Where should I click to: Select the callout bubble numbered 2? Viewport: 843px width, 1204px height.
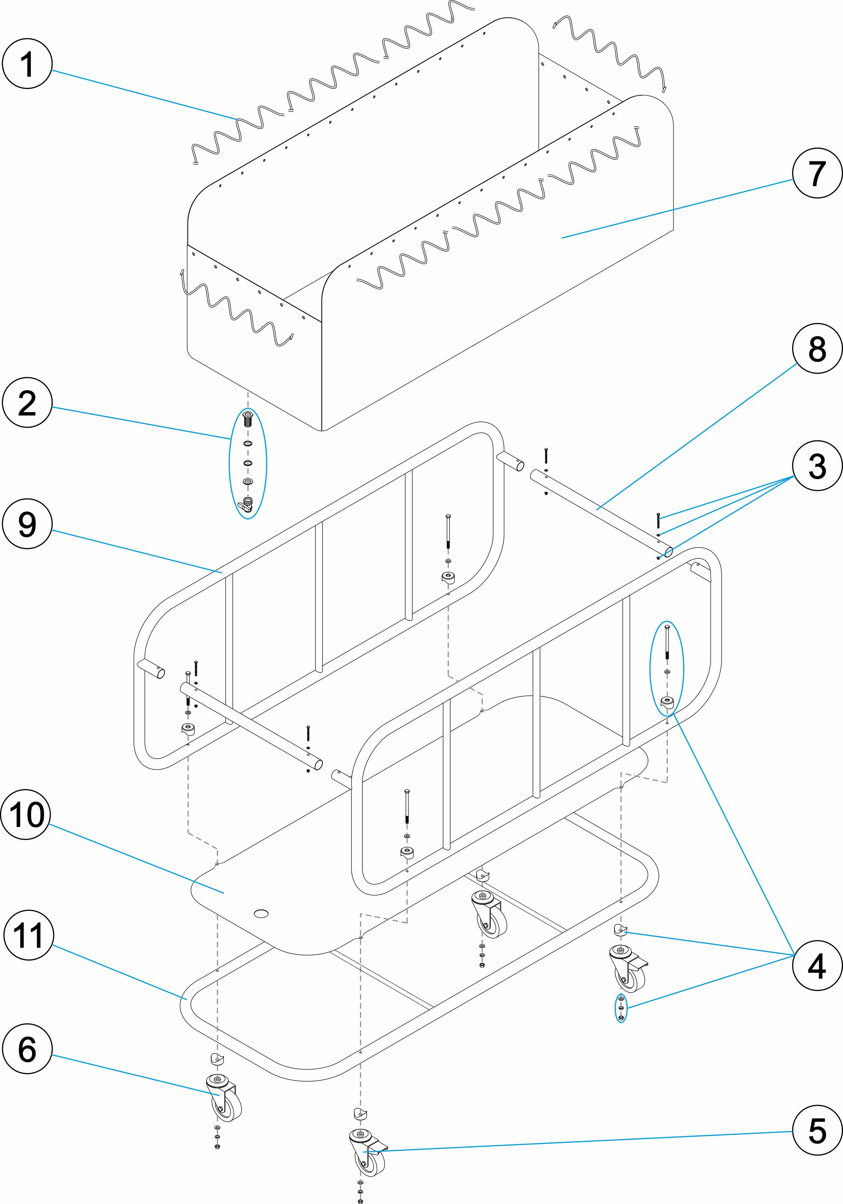click(x=27, y=402)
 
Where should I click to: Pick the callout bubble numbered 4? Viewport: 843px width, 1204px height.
click(x=817, y=965)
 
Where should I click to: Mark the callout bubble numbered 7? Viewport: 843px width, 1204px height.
click(x=817, y=173)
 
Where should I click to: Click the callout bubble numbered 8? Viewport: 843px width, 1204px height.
click(x=817, y=348)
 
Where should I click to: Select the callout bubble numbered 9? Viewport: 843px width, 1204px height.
click(x=27, y=524)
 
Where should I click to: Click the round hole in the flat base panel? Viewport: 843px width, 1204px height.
click(x=260, y=913)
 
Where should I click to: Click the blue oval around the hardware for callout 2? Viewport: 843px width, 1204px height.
click(x=248, y=463)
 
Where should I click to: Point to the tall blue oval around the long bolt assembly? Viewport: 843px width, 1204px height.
click(x=667, y=668)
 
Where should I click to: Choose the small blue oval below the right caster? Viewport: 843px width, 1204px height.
click(x=621, y=1007)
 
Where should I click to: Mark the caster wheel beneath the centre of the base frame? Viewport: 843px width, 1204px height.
click(x=490, y=915)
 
